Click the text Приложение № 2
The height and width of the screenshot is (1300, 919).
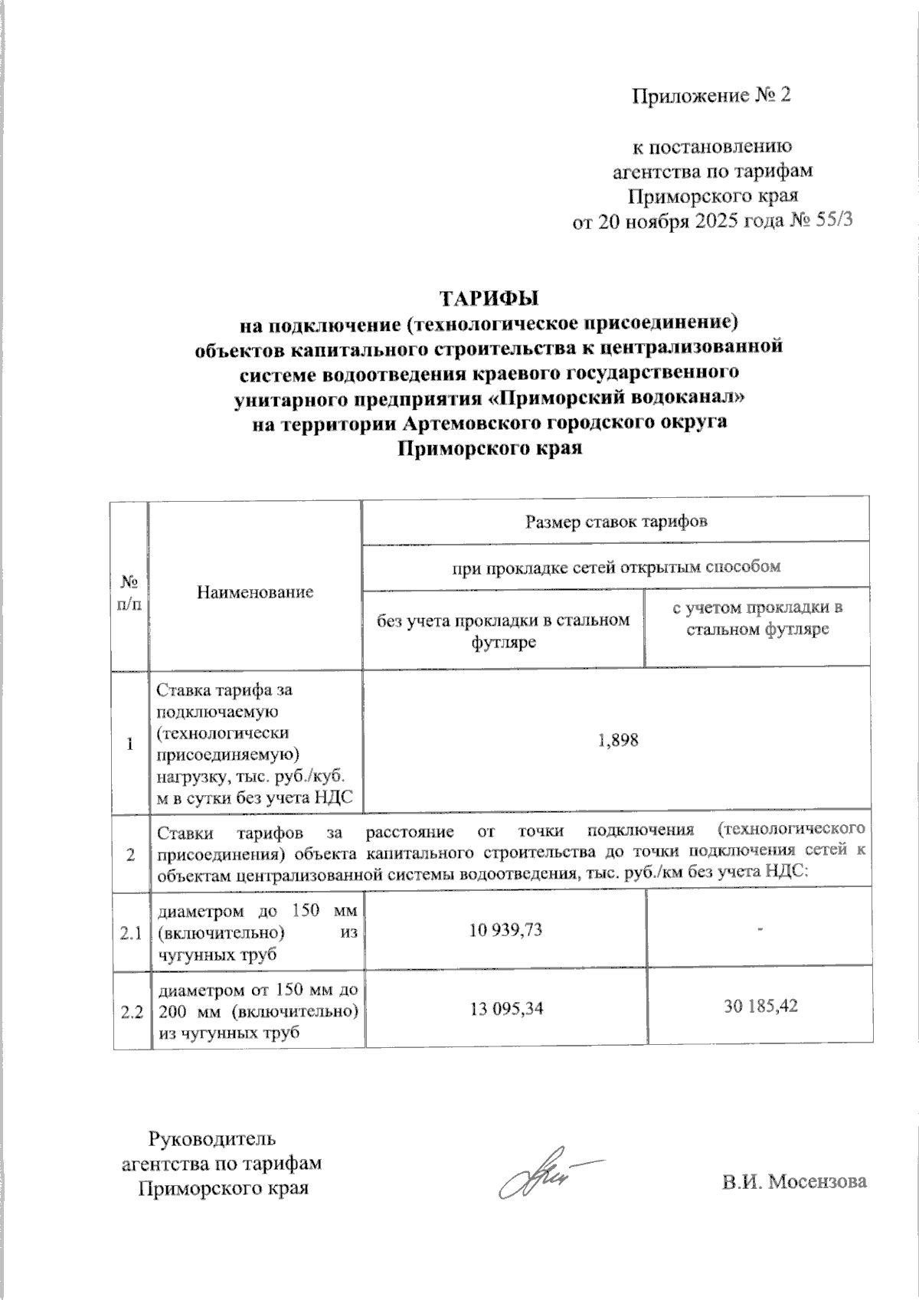pos(710,96)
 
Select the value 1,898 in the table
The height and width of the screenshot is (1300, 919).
pos(617,741)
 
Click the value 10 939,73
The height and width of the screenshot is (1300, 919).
pos(505,930)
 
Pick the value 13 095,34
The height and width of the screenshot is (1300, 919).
pos(506,1008)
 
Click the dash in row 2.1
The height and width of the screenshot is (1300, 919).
pos(760,928)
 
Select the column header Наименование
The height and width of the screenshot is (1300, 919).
pos(255,591)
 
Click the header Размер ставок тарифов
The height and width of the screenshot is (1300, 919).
pos(616,522)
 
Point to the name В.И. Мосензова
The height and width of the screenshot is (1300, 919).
pos(794,1181)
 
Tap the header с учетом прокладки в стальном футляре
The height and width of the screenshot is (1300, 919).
pos(757,619)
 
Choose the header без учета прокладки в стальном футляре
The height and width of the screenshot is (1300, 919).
pos(503,630)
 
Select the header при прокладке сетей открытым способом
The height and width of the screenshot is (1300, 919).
pos(616,567)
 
